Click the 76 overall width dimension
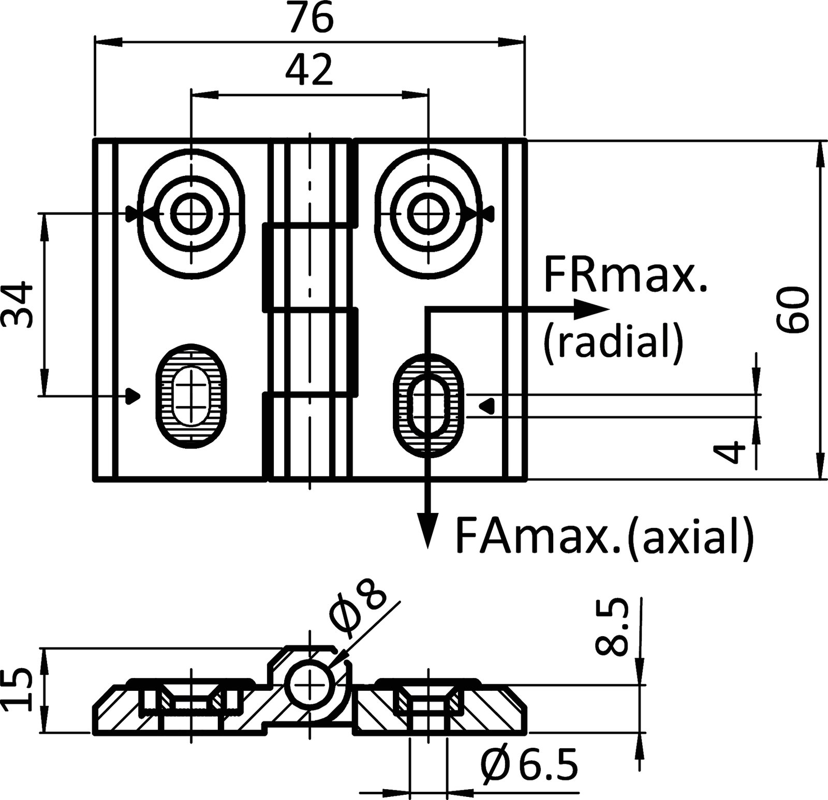[x=310, y=19]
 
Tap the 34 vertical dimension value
[x=18, y=305]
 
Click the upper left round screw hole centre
[x=191, y=213]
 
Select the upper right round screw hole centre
[x=427, y=213]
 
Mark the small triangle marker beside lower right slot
[x=487, y=405]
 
